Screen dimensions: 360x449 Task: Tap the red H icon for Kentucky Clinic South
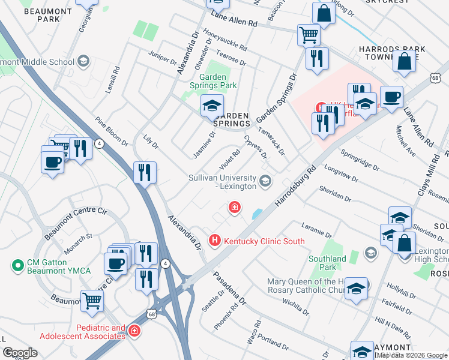[x=214, y=241]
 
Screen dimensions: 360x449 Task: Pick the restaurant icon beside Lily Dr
[x=145, y=173]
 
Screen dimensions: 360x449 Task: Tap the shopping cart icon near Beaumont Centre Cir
[x=92, y=299]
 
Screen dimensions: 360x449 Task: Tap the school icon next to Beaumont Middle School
[x=83, y=61]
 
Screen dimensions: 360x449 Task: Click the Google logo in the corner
[x=20, y=352]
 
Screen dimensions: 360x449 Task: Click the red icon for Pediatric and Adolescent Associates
[x=135, y=331]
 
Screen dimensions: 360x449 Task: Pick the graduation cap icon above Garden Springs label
[x=212, y=106]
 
